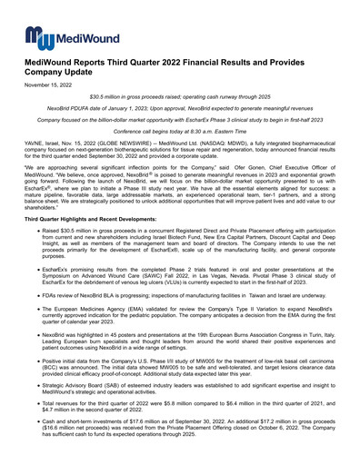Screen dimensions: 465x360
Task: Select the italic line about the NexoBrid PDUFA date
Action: pos(179,107)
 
